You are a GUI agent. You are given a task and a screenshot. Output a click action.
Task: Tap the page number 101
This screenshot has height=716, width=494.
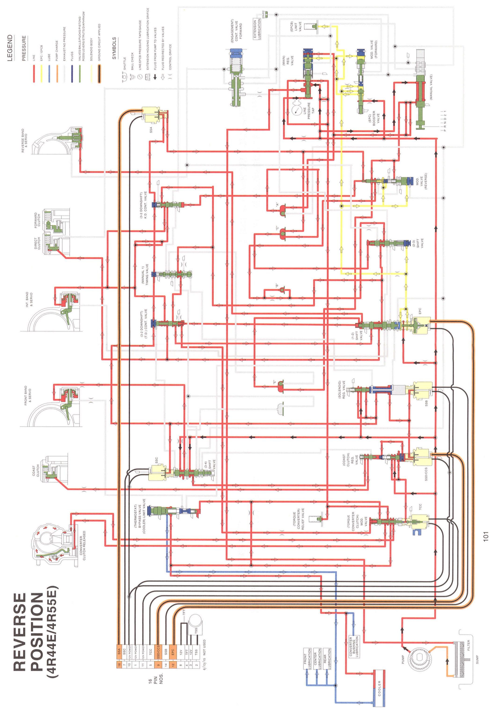(x=486, y=536)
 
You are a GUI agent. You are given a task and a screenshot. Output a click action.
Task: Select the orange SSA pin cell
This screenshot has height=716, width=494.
(x=119, y=651)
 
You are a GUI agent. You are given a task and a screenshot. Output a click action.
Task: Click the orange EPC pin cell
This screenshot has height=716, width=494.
(x=173, y=651)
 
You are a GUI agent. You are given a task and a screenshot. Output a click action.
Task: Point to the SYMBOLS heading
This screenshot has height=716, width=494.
(x=114, y=48)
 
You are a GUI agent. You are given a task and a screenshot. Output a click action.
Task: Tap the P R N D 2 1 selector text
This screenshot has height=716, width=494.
(x=445, y=121)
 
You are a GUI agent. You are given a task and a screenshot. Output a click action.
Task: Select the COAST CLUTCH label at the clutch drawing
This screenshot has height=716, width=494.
(x=36, y=470)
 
